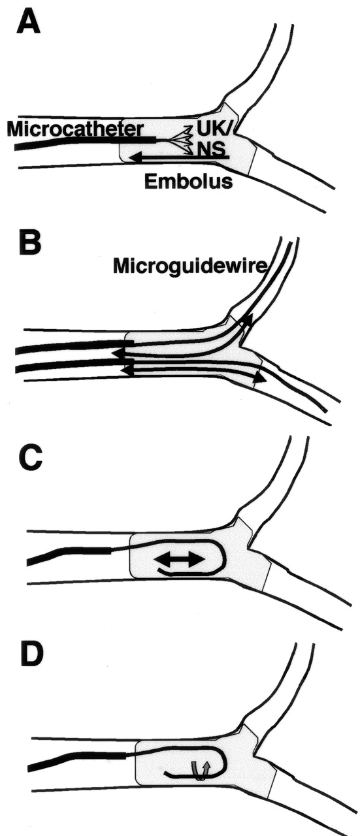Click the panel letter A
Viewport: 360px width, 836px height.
28,22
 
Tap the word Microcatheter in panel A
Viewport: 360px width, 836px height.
75,129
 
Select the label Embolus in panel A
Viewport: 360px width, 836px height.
188,182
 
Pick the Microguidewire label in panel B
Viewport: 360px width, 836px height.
191,267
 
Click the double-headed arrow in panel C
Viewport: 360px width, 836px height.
179,560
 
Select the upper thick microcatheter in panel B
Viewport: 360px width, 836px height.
69,346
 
